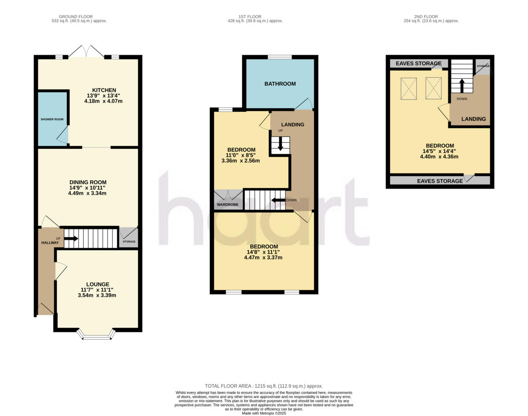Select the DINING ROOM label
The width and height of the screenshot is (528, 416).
88,182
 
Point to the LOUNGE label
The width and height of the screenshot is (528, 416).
97,284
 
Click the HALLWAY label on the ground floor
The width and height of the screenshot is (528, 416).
50,243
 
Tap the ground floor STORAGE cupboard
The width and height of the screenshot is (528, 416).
129,238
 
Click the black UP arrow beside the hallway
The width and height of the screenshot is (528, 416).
71,239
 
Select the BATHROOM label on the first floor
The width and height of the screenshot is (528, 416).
280,84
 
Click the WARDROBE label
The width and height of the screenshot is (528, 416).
227,205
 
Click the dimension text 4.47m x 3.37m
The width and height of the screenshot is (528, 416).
263,257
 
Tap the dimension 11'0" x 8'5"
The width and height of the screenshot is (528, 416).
241,155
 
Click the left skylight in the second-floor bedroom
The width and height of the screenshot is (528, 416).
409,88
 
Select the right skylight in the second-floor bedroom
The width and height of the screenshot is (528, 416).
433,88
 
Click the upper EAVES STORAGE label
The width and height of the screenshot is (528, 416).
418,64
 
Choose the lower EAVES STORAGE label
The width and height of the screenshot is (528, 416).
440,181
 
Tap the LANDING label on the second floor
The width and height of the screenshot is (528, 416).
473,119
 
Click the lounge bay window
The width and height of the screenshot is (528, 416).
97,337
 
